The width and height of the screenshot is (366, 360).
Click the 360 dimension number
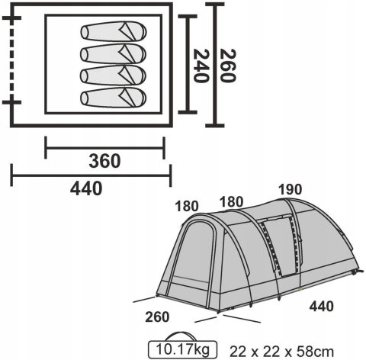(x=104, y=161)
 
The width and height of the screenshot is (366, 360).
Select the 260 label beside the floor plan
(x=228, y=66)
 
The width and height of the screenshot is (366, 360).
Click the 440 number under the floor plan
(x=86, y=189)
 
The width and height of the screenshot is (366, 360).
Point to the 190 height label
(x=290, y=189)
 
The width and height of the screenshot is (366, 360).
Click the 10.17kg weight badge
(x=182, y=349)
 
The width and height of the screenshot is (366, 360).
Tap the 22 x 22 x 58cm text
(x=281, y=352)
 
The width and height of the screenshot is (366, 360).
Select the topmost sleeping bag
(x=114, y=31)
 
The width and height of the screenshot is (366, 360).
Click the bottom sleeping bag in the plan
(x=114, y=98)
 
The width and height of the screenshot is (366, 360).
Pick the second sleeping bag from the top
(x=114, y=53)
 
